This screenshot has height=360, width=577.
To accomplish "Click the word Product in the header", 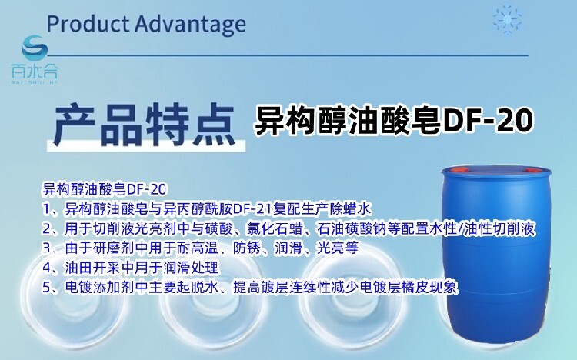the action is point(88,24).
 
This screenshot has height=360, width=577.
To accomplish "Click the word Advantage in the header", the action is point(190,25).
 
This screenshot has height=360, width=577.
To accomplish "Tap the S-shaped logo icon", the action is point(35,48).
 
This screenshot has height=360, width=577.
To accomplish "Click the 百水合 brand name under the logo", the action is point(35,71).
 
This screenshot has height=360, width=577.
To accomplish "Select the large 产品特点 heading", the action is point(144,125).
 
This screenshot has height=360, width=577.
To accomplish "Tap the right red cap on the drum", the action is point(533,171).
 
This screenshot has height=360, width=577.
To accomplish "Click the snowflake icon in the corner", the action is point(507,19).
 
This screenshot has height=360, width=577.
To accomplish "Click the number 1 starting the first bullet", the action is point(46,209).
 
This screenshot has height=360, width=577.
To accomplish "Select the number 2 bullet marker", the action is point(46,229).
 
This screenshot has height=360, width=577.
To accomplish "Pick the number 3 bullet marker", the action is point(46,248).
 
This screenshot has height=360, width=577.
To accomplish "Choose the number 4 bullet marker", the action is point(46,268).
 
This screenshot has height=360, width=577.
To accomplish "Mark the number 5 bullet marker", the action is point(46,287).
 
